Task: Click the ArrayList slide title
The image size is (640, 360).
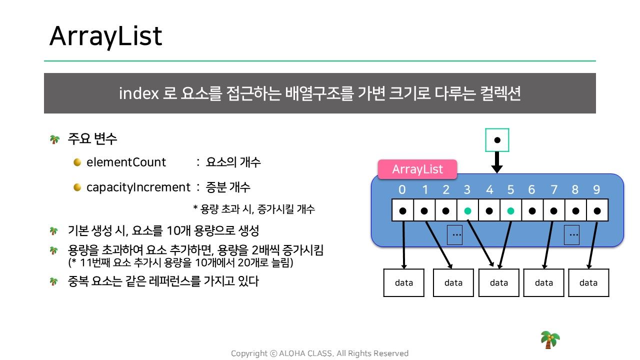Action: [105, 36]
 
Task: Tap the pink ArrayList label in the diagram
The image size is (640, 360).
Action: [417, 169]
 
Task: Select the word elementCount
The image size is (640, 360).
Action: [126, 162]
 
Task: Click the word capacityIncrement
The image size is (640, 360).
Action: [138, 187]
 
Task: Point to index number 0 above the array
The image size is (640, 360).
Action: [402, 189]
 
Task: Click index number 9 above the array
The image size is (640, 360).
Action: [596, 189]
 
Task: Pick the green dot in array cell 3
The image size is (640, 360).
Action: [467, 211]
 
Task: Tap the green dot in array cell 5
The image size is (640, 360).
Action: [511, 211]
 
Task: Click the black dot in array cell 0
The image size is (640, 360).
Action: [403, 211]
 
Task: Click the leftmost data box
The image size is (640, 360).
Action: [403, 282]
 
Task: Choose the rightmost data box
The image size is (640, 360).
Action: [588, 282]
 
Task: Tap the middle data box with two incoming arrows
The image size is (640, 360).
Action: [499, 282]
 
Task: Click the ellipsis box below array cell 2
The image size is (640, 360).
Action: [454, 235]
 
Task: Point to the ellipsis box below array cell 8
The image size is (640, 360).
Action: [571, 235]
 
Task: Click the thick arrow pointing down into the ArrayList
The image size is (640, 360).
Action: [497, 162]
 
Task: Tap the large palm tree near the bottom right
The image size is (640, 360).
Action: [550, 339]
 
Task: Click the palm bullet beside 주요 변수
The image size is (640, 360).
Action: [54, 139]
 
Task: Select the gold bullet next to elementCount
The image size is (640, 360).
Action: [77, 162]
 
